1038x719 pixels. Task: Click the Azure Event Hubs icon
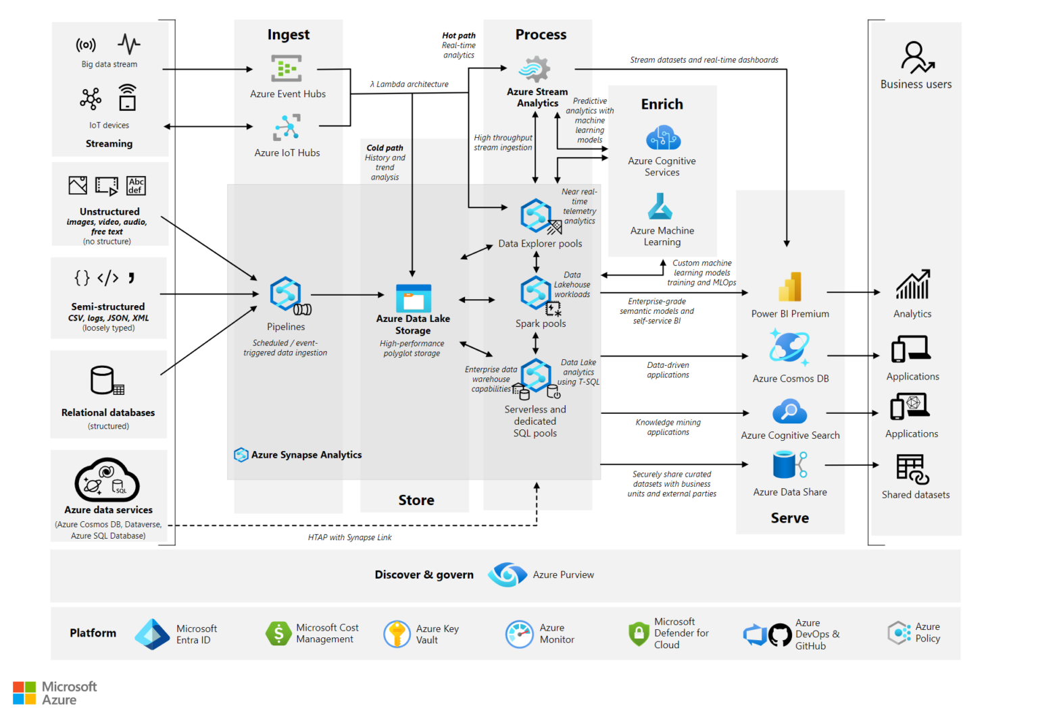286,69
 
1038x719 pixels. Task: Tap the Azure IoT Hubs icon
287,127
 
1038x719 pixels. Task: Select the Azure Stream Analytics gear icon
535,69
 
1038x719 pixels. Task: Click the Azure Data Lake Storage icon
413,298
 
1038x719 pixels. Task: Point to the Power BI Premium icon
789,288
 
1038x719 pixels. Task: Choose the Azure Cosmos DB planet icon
789,348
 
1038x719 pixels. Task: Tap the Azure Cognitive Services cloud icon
663,138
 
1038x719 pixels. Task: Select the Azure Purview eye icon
507,575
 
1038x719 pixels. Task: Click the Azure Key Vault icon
397,634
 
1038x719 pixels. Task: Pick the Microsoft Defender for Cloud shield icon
639,633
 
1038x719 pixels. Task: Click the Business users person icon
916,57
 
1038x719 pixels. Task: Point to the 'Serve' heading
789,518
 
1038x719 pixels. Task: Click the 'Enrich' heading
662,104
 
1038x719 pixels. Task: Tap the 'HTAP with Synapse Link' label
349,537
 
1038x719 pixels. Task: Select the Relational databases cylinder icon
106,380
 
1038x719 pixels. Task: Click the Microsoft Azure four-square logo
24,693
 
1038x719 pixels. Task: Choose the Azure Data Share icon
789,465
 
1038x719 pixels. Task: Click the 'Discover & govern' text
424,575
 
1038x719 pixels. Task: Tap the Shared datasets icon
912,469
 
